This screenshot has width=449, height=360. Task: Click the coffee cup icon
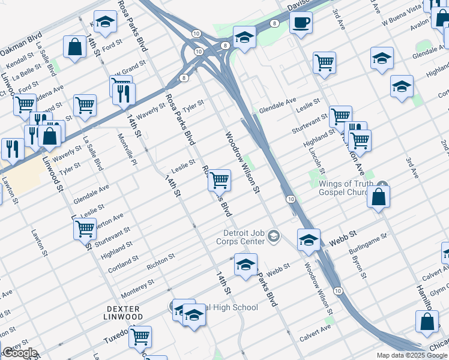point(301,23)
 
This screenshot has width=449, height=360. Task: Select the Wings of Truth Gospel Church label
point(346,188)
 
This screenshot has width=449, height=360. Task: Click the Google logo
point(20,353)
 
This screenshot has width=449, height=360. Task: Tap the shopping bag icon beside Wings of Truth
point(379,197)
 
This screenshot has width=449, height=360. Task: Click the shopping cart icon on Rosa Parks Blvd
point(220,179)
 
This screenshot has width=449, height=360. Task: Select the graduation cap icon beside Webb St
point(309,239)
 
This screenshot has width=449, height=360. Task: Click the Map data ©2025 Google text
point(412,355)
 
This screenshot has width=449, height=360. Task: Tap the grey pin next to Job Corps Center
point(274,235)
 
